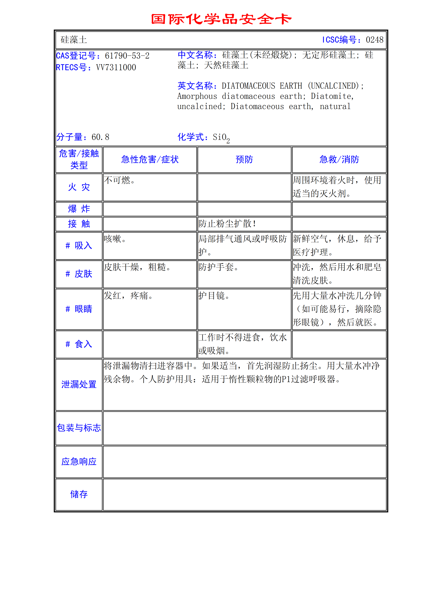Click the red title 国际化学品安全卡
pos(221,19)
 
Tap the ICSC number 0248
pos(374,40)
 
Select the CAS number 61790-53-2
pos(127,56)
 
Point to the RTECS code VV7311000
pos(116,68)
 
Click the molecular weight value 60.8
pos(100,137)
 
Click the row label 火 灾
pos(79,187)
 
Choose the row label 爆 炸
pos(79,209)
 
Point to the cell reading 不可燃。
pos(119,180)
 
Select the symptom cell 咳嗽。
pos(115,239)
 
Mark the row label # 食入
pos(79,344)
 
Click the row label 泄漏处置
pos(79,384)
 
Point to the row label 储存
pos(79,494)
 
